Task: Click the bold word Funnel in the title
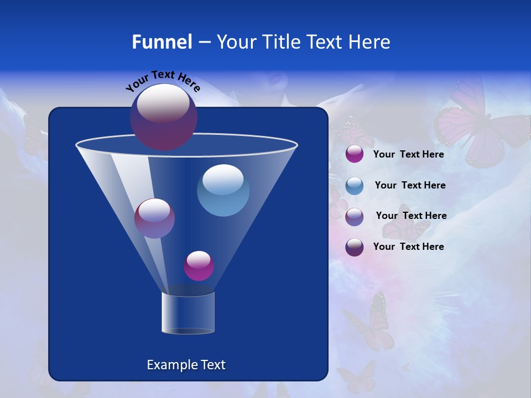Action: click(162, 42)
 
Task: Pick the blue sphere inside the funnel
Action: click(223, 190)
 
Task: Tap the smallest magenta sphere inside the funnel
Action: click(199, 265)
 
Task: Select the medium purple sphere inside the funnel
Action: click(154, 218)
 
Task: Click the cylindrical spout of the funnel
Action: click(188, 312)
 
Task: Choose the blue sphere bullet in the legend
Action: click(355, 186)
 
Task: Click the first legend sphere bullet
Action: click(355, 154)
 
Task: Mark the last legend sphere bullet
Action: click(355, 247)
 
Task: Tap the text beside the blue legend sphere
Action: click(410, 185)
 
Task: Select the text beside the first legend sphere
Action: click(408, 154)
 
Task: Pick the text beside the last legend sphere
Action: click(408, 247)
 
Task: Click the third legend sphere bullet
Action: click(355, 217)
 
